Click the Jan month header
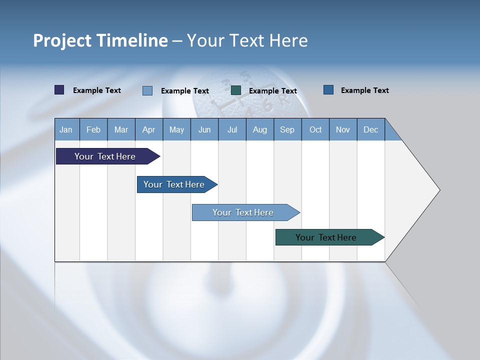coord(66,129)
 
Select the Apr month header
coord(148,129)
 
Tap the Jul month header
coord(232,129)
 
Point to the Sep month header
coord(287,129)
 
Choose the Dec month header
coord(370,129)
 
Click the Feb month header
coord(93,129)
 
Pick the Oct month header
coord(315,129)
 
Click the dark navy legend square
coord(59,90)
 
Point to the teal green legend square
coord(236,90)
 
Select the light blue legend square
coord(147,90)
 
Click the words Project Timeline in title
coord(100,40)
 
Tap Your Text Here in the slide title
coord(247,40)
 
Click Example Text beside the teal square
coord(272,91)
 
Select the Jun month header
coord(204,129)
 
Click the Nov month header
coord(343,129)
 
